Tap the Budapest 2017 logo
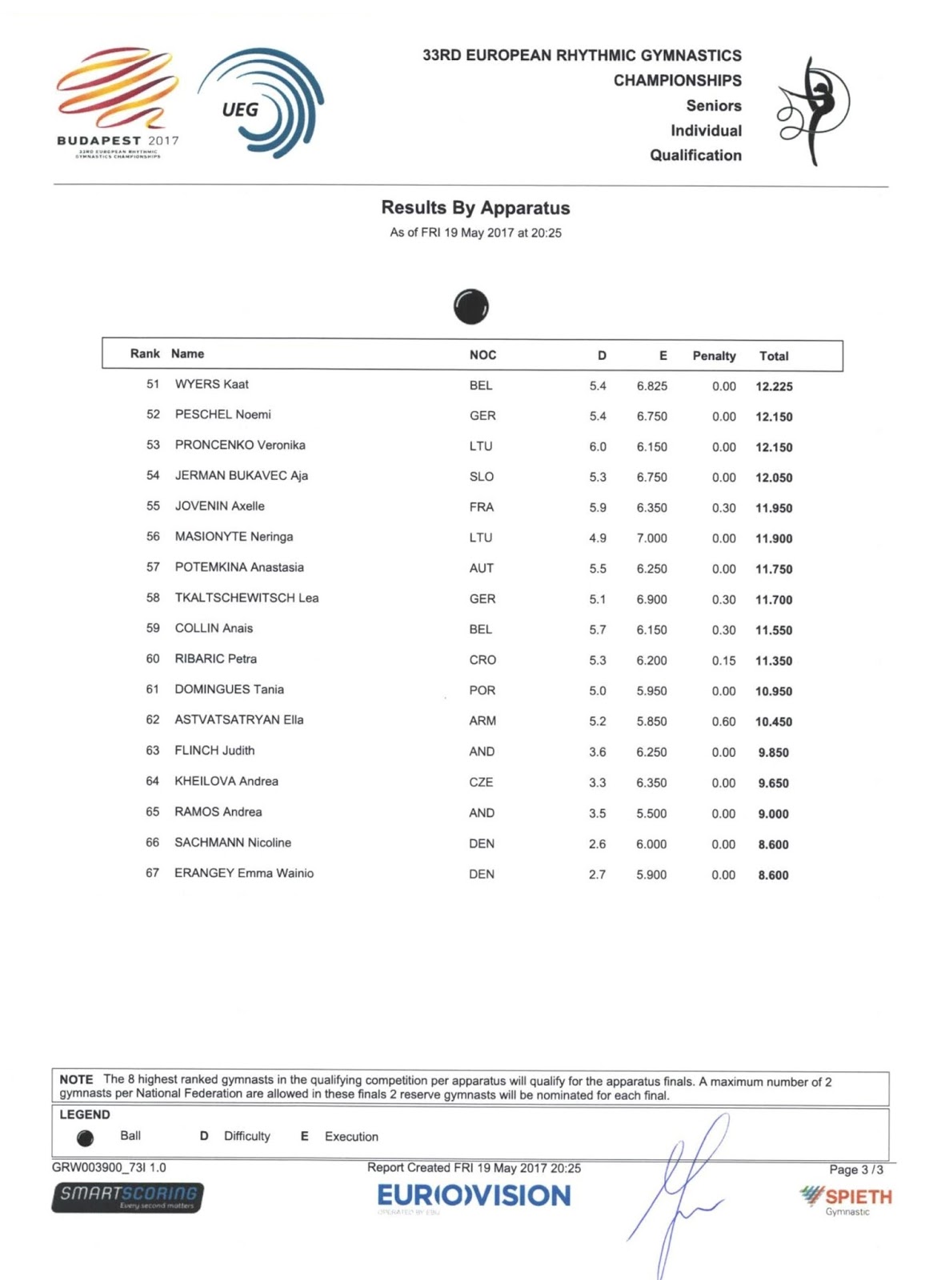click(118, 102)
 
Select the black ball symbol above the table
click(471, 306)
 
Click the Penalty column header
click(714, 356)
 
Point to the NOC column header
click(483, 355)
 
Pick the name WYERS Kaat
click(211, 385)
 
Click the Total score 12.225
click(774, 386)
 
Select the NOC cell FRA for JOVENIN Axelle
click(482, 507)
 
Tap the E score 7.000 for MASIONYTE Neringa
click(651, 538)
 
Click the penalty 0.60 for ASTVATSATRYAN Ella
click(723, 722)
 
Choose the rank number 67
click(152, 873)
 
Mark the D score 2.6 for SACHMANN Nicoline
click(597, 844)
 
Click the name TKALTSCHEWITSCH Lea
click(246, 598)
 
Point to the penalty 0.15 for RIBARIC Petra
click(723, 661)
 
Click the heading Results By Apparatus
click(475, 208)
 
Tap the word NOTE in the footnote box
click(76, 1080)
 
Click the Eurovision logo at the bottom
click(474, 1197)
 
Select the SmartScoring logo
click(128, 1197)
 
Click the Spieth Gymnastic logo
click(847, 1199)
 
